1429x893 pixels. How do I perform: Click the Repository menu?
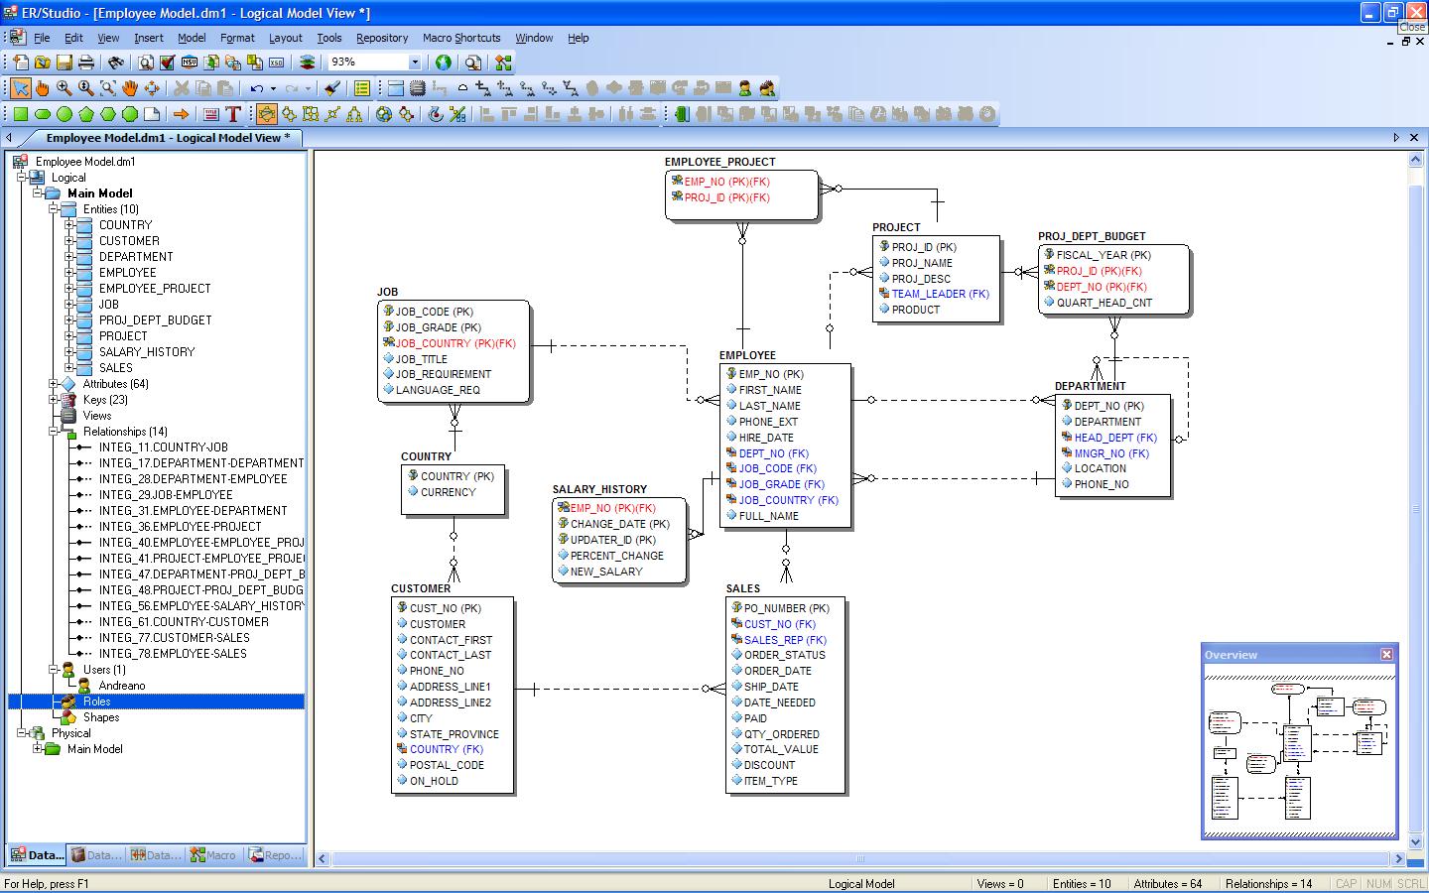coord(381,39)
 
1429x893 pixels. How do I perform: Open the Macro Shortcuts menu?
coord(461,39)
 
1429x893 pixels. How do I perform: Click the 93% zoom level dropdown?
coord(374,62)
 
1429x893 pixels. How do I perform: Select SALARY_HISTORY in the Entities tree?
coord(147,352)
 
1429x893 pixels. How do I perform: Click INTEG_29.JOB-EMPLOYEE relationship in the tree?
coord(165,495)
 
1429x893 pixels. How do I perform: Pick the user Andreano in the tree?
coord(121,686)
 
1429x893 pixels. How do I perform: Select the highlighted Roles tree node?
coord(96,702)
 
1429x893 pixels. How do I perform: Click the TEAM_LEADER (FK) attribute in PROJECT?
coord(940,294)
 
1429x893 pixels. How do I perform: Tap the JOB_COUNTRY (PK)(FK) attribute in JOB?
coord(455,343)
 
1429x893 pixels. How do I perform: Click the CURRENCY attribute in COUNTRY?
coord(448,492)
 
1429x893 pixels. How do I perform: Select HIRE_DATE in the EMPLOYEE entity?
coord(765,438)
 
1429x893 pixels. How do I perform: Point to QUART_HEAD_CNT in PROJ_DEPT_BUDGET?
coord(1104,303)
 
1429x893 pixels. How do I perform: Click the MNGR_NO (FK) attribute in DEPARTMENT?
coord(1111,453)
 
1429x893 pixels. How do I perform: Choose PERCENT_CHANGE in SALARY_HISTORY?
coord(616,556)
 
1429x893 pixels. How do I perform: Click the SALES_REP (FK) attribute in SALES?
coord(785,640)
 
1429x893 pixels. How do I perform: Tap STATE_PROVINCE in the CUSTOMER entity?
coord(454,734)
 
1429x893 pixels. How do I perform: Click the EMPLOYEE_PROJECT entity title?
coord(719,162)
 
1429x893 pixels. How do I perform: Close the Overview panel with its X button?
coord(1386,655)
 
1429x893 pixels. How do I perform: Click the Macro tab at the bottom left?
coord(213,855)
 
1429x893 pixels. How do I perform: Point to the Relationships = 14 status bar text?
coord(1268,884)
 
